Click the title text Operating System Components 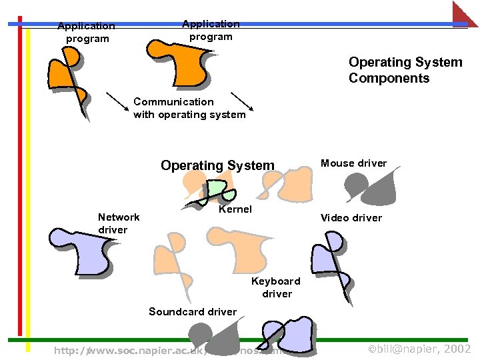click(405, 70)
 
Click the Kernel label click(235, 209)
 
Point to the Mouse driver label click(353, 163)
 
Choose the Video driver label click(351, 218)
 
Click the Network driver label click(118, 223)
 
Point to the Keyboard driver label click(276, 287)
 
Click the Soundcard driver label click(192, 312)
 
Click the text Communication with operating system click(189, 108)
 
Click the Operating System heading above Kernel click(217, 165)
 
